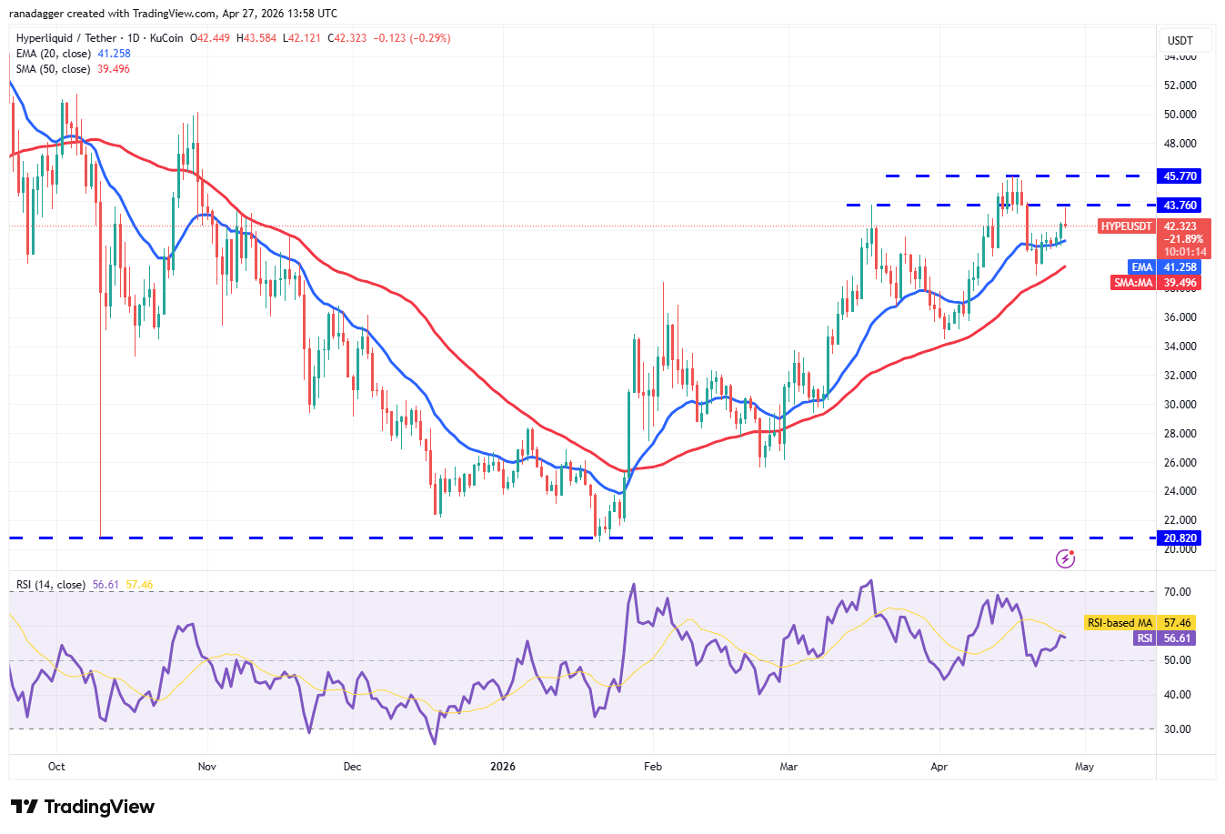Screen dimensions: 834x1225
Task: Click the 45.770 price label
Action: point(1180,176)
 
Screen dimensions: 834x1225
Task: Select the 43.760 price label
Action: point(1180,206)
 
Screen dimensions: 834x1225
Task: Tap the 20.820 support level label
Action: point(1180,538)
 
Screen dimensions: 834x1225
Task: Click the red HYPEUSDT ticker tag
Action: point(1126,226)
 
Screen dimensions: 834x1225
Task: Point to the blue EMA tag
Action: point(1142,267)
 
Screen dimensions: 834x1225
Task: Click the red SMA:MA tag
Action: point(1133,283)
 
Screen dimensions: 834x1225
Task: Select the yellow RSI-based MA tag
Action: point(1119,623)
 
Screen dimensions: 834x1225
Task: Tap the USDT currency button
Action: point(1180,41)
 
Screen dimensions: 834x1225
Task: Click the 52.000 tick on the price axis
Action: point(1180,85)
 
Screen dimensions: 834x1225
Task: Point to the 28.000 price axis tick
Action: point(1180,434)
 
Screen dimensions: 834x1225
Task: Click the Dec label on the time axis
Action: point(352,767)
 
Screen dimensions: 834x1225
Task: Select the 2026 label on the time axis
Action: point(502,767)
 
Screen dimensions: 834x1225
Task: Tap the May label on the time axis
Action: point(1084,767)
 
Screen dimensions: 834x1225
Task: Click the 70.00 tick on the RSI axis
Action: point(1177,592)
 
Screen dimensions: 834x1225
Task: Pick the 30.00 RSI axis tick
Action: point(1177,729)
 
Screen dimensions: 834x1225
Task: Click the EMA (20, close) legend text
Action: point(54,54)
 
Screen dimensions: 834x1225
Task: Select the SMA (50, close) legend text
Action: point(53,69)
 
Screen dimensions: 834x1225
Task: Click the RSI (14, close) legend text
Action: point(51,585)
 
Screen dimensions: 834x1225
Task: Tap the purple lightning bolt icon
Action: point(1066,558)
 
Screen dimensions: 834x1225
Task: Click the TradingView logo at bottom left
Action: point(83,807)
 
